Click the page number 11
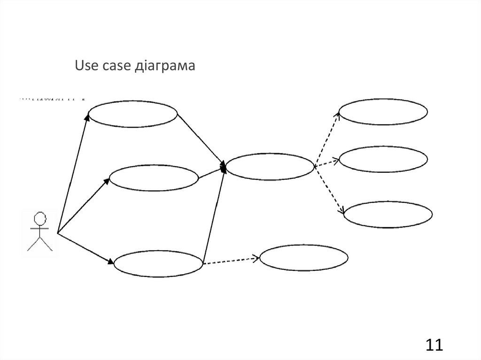pyautogui.click(x=434, y=345)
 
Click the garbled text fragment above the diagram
pyautogui.click(x=52, y=100)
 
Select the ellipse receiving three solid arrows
pyautogui.click(x=270, y=166)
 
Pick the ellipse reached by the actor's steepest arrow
pyautogui.click(x=133, y=114)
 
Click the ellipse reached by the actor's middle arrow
pyautogui.click(x=154, y=178)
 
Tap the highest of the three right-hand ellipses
pyautogui.click(x=383, y=112)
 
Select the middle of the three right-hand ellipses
pyautogui.click(x=383, y=160)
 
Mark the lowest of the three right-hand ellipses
pyautogui.click(x=388, y=214)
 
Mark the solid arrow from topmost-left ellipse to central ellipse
pyautogui.click(x=200, y=140)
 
